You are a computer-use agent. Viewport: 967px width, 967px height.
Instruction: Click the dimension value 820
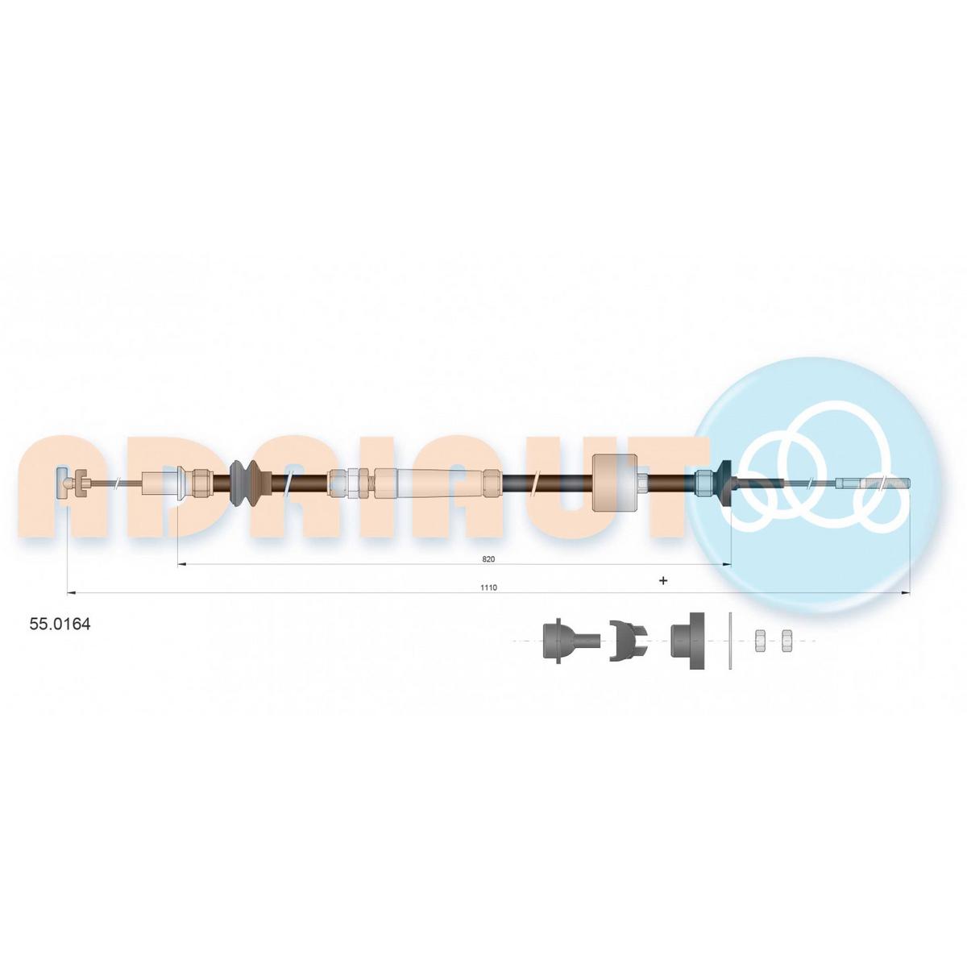488,559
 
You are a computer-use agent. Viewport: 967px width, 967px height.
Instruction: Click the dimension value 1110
488,587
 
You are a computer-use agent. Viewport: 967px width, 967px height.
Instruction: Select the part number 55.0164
60,625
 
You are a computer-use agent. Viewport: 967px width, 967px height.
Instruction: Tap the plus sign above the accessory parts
663,580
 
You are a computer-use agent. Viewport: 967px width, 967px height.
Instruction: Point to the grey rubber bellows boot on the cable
244,483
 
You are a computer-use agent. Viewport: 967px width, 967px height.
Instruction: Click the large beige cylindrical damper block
615,482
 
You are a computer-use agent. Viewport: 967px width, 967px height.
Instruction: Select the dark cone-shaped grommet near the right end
725,482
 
